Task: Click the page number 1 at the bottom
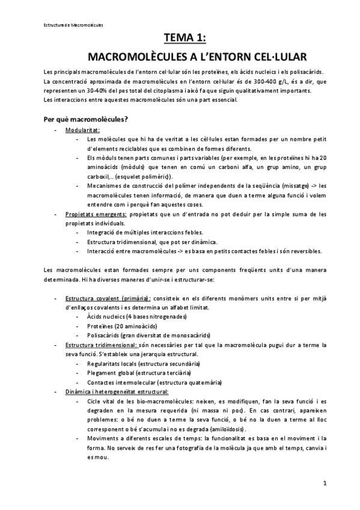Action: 325,482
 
